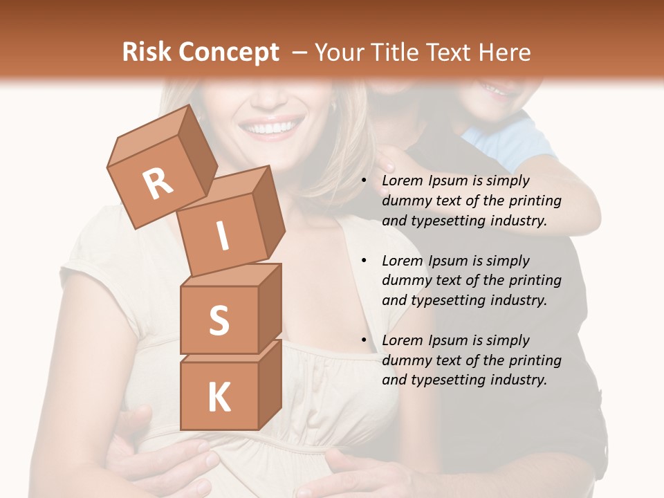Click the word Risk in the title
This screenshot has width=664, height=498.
[x=147, y=53]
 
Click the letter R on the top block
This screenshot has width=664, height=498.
[x=158, y=183]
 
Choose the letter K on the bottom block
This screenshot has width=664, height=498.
[x=219, y=397]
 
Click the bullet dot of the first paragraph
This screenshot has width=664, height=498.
[x=364, y=181]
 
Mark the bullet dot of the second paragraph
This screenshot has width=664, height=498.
[x=364, y=261]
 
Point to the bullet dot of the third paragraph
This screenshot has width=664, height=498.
[x=364, y=341]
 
